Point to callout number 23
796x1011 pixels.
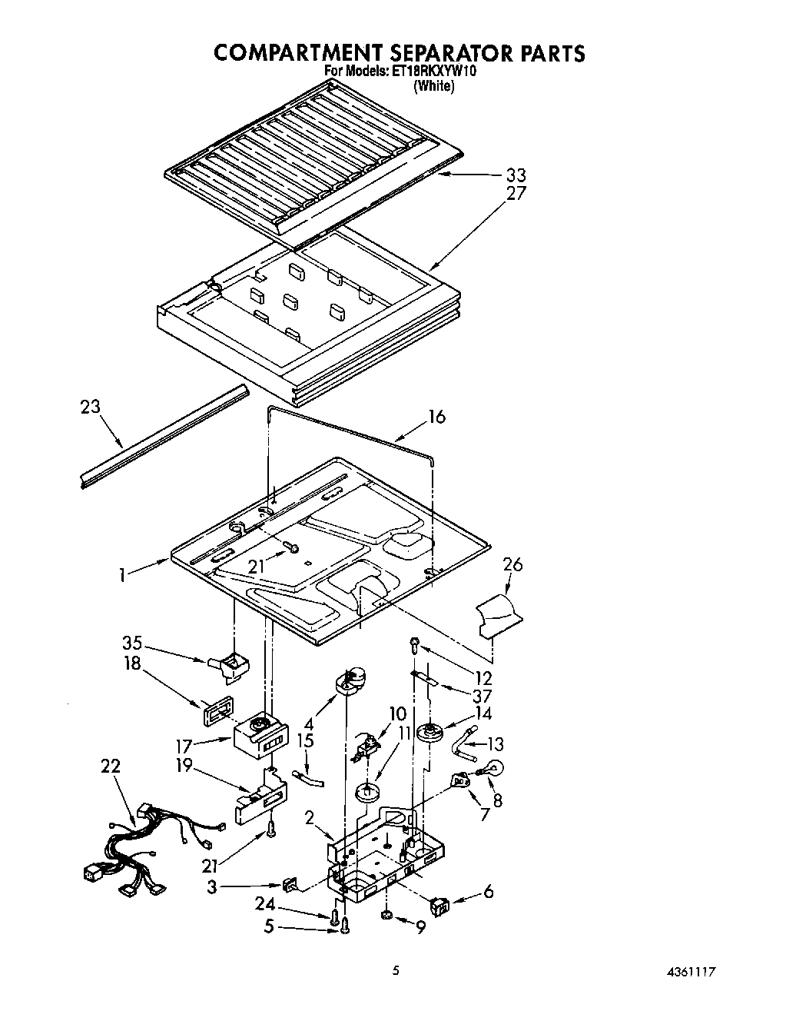coord(91,406)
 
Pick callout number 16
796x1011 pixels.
coord(436,417)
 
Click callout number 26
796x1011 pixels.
coord(512,564)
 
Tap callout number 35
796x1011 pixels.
coord(134,644)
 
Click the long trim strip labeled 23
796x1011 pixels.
coord(165,437)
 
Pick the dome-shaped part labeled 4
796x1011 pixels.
coord(352,680)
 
